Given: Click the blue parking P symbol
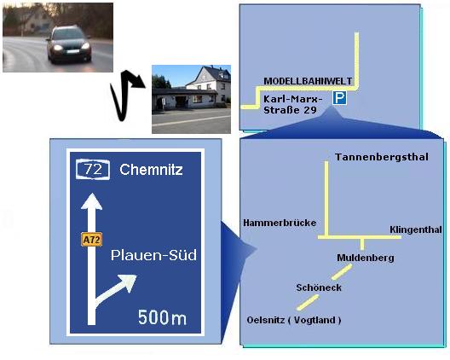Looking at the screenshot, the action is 339,98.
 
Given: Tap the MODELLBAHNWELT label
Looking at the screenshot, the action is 308,81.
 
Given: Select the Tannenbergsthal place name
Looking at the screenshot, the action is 382,157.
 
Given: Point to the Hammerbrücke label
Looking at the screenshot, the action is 280,223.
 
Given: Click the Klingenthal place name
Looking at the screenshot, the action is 416,229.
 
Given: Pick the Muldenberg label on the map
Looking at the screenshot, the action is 366,258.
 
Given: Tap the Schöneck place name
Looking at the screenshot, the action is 319,287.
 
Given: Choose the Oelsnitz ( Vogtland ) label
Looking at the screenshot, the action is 294,320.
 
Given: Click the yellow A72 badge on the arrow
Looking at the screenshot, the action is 91,239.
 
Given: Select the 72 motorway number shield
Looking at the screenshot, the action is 93,169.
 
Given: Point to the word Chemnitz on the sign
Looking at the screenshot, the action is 151,170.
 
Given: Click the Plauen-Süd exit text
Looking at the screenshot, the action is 153,255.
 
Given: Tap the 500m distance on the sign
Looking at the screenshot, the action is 162,317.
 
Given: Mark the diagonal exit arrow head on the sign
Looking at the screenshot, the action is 129,282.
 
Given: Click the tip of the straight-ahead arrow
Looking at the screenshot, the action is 91,194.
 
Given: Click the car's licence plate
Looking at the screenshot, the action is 73,52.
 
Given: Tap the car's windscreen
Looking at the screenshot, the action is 68,34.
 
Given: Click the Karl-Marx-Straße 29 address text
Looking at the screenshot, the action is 292,105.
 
